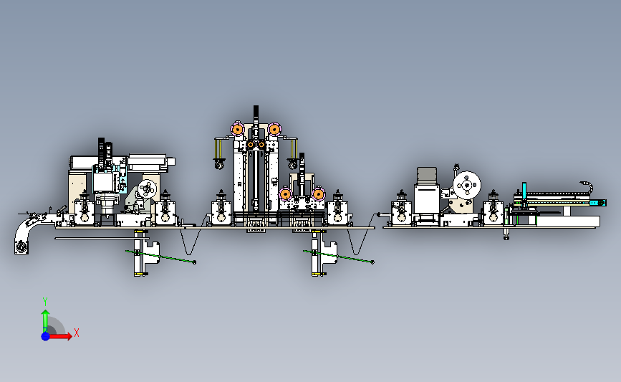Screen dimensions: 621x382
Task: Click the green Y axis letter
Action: click(45, 302)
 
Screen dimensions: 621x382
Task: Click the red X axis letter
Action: click(77, 333)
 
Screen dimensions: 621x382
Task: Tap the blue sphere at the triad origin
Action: click(46, 336)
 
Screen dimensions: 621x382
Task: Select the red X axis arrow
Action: click(59, 336)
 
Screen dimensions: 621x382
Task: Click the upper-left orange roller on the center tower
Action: click(238, 129)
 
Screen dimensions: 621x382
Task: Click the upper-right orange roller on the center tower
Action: click(274, 129)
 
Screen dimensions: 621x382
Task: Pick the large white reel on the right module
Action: click(466, 186)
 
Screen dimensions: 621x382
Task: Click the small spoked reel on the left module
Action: click(148, 189)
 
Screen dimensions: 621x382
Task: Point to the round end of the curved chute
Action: click(21, 248)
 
